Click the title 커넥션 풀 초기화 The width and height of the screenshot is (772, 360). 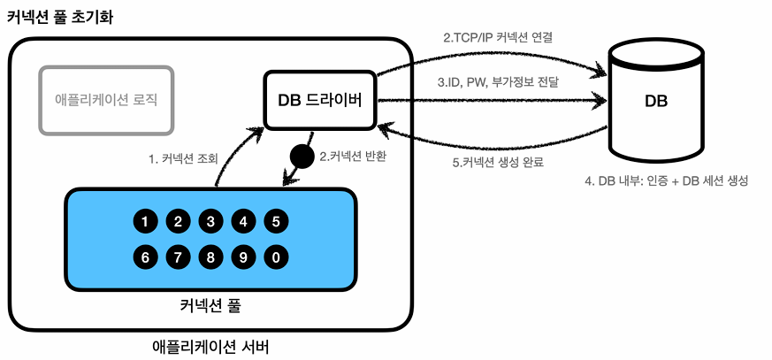(60, 18)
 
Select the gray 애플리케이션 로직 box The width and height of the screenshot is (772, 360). (105, 98)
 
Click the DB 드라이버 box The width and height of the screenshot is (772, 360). (320, 99)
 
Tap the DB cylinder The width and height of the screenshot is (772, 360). (655, 99)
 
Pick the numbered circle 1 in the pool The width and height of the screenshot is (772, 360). (145, 221)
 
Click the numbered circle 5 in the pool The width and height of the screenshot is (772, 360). (277, 221)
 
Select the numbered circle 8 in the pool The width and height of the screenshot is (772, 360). (210, 258)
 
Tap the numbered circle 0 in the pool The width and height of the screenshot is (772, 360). (277, 258)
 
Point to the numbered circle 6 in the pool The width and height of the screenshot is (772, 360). (145, 258)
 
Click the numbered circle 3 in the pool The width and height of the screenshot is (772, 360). (210, 221)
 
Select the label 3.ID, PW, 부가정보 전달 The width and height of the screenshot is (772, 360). (498, 81)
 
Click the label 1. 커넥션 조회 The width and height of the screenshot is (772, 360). (183, 159)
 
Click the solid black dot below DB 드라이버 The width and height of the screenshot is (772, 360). (302, 157)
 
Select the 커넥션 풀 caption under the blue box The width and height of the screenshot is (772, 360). (210, 307)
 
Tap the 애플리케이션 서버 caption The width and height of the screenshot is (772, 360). (210, 345)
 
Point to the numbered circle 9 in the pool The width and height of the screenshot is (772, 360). (243, 258)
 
